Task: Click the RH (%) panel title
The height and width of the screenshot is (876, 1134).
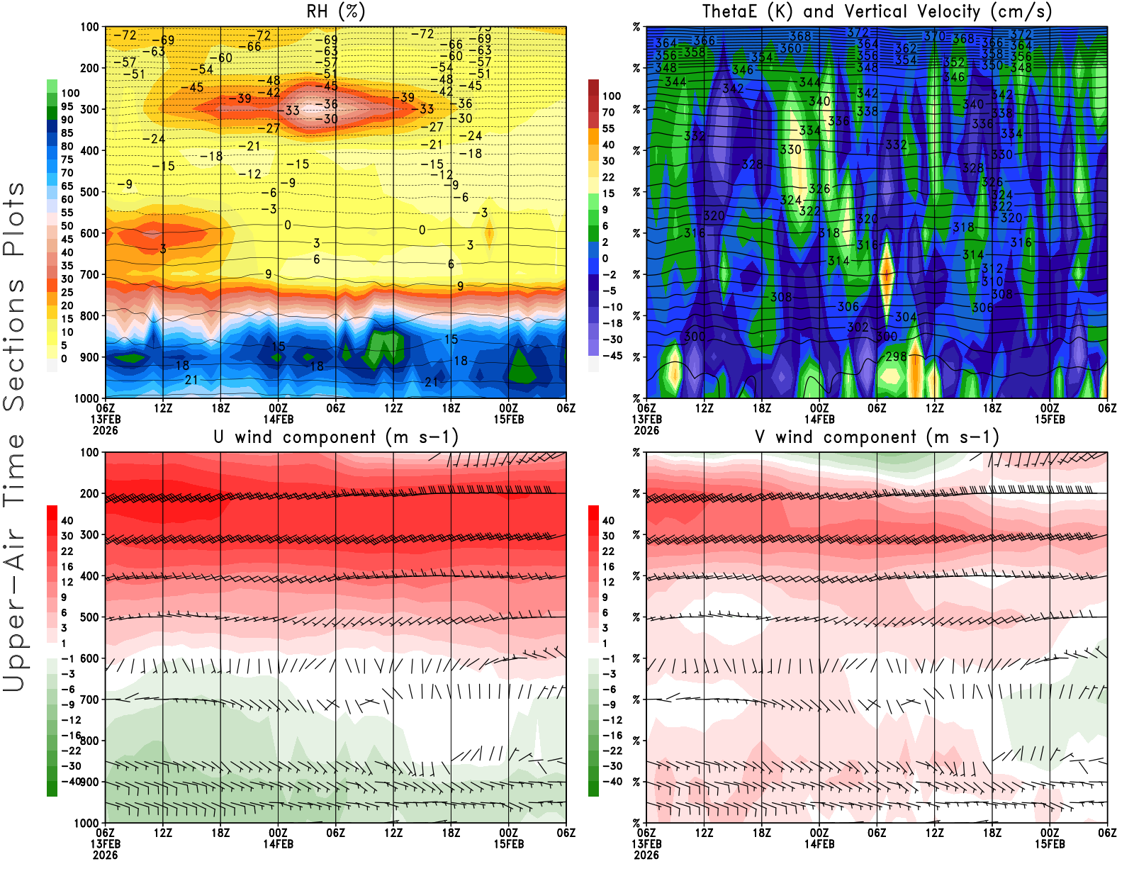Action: click(x=336, y=11)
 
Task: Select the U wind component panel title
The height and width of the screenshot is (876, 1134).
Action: click(x=336, y=437)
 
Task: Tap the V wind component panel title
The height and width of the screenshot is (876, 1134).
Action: click(x=877, y=437)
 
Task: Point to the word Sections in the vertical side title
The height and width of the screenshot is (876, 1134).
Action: click(x=14, y=344)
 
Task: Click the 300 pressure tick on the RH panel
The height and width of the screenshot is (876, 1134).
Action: click(x=89, y=109)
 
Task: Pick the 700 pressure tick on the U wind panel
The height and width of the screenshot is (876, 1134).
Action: click(x=89, y=700)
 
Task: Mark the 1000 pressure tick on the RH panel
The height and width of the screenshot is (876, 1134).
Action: click(x=86, y=398)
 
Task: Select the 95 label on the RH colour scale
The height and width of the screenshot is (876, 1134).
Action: click(x=67, y=106)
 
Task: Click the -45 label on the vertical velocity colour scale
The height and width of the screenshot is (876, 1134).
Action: click(x=612, y=356)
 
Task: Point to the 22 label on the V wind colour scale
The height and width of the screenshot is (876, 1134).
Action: click(x=608, y=551)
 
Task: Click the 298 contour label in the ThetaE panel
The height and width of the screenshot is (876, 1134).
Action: click(x=896, y=356)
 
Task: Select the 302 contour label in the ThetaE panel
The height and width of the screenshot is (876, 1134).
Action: click(x=858, y=327)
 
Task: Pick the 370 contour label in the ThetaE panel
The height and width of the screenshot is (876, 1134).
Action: click(x=934, y=36)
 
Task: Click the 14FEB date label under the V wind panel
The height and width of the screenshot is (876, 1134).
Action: click(x=819, y=844)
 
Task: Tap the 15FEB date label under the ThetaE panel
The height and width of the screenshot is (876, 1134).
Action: click(x=1050, y=419)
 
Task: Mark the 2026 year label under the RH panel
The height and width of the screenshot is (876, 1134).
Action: click(x=105, y=430)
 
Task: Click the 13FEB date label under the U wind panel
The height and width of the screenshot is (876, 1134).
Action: click(x=105, y=844)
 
